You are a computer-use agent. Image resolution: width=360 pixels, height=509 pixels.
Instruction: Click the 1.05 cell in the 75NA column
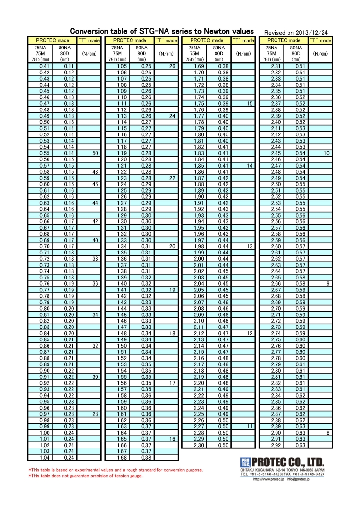[x=121, y=66]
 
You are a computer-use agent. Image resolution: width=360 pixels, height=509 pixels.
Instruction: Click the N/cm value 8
[x=327, y=433]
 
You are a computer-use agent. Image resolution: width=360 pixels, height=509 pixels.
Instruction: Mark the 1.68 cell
[x=121, y=458]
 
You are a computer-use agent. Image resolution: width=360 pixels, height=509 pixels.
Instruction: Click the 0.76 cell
[x=45, y=283]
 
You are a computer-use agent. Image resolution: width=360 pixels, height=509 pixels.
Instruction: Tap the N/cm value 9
[x=327, y=284]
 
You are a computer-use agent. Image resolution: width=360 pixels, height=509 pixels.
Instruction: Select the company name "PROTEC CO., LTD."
[x=288, y=462]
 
